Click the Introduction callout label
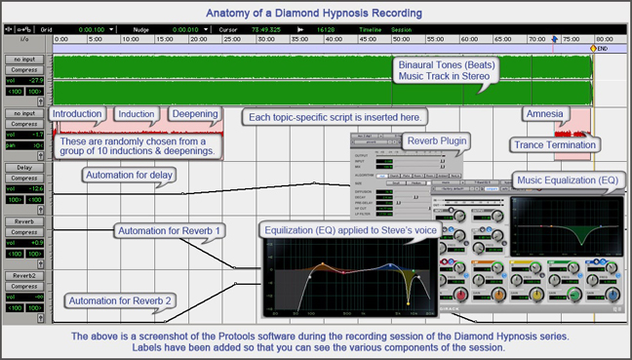tap(77, 114)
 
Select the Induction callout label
tap(135, 114)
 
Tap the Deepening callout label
tap(194, 114)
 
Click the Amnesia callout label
tap(543, 114)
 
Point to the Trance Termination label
tap(554, 145)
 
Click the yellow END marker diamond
tap(592, 48)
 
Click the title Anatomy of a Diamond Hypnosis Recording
tap(314, 13)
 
